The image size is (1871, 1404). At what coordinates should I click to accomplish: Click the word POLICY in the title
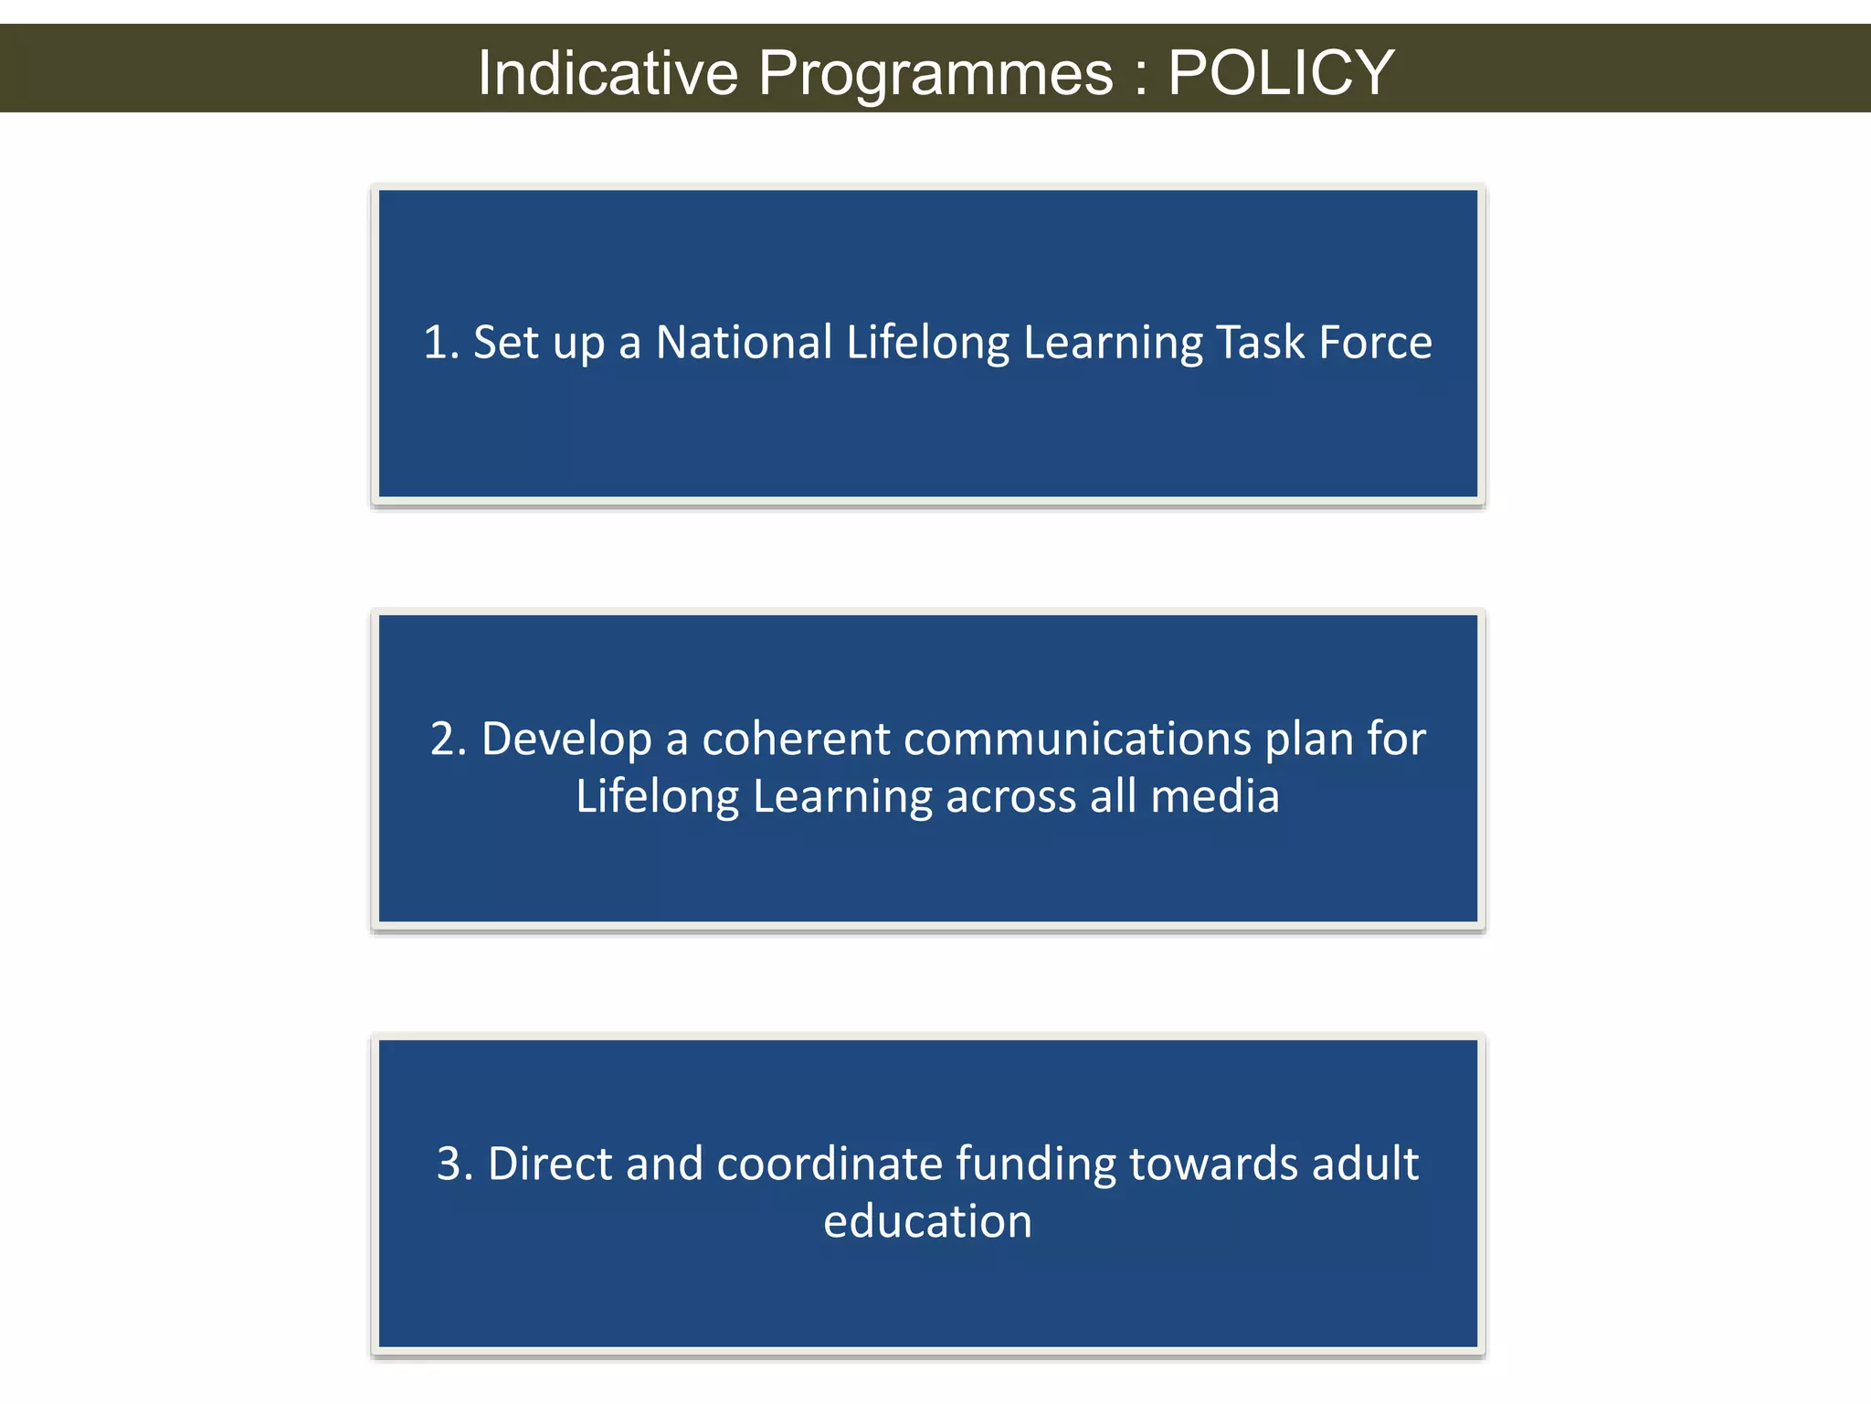click(x=1280, y=72)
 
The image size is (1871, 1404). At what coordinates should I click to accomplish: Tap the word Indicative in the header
click(x=608, y=72)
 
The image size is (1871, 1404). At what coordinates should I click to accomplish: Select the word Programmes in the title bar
click(x=935, y=74)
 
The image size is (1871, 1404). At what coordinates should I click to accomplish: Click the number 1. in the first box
click(x=441, y=343)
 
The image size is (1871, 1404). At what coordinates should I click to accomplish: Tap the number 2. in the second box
click(x=449, y=739)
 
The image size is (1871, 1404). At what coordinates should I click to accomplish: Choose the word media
click(x=1214, y=796)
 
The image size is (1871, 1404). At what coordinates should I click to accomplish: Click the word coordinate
click(x=830, y=1165)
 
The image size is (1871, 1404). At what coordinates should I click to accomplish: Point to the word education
click(x=927, y=1222)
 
